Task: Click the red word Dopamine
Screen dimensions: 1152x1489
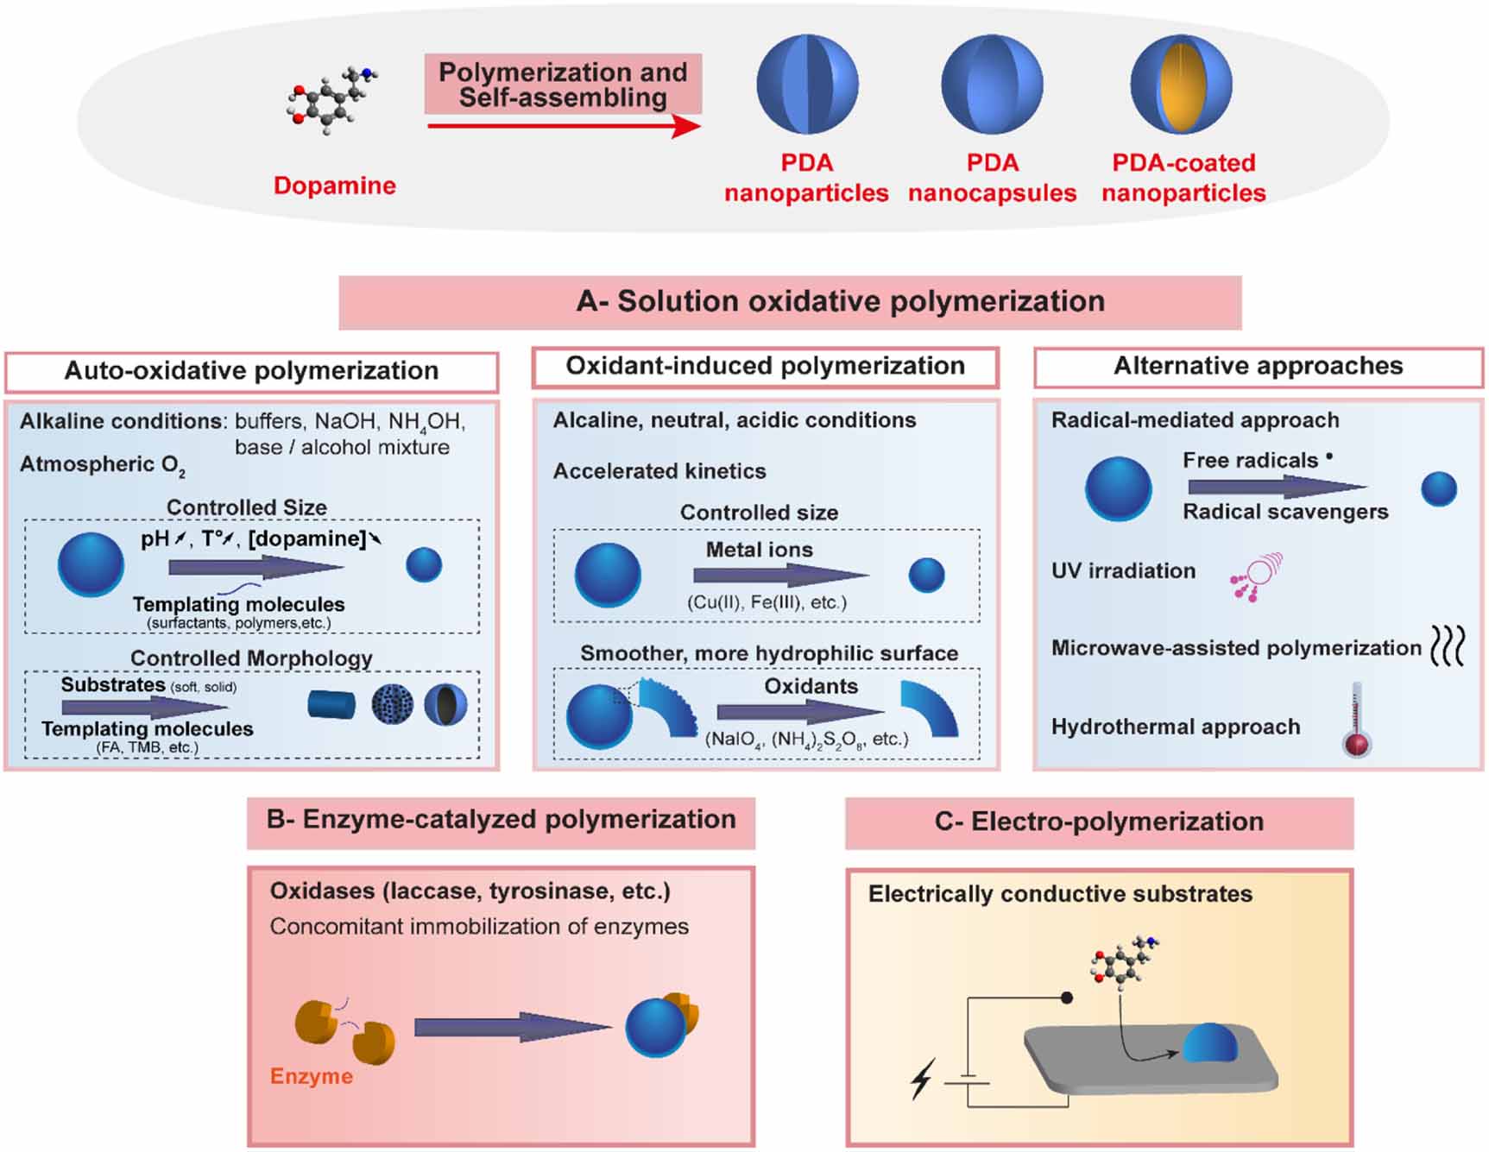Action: pos(334,186)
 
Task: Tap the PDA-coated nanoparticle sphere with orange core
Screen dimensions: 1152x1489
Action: pos(1181,85)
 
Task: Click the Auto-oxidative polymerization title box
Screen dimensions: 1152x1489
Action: pos(251,371)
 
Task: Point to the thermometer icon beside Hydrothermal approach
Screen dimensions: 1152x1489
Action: pos(1357,721)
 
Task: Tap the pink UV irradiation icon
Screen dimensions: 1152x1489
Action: pos(1257,576)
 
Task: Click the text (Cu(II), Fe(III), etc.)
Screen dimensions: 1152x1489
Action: pos(767,602)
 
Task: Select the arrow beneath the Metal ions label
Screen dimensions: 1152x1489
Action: pos(779,575)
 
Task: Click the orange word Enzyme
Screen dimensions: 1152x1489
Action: pos(311,1076)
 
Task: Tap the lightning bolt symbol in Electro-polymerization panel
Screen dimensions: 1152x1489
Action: pos(922,1080)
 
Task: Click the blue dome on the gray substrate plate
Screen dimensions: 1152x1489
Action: pos(1209,1043)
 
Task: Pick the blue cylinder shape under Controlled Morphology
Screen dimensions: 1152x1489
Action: pos(331,705)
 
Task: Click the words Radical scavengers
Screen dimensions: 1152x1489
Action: pos(1284,512)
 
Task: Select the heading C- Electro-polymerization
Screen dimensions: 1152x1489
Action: pos(1098,822)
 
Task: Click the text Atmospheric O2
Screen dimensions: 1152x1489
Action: pos(102,465)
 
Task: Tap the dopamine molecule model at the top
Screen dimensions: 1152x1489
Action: pos(331,102)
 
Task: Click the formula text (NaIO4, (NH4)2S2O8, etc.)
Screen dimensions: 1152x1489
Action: pos(806,740)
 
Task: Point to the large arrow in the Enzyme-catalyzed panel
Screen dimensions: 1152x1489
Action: pos(513,1027)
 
